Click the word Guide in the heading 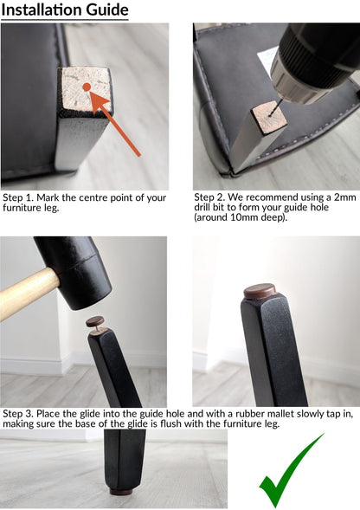(x=107, y=10)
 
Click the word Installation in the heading (x=42, y=10)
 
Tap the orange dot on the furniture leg (x=87, y=87)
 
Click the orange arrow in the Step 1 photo (x=114, y=124)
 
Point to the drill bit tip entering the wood (x=270, y=114)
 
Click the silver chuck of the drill (x=292, y=77)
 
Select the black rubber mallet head (x=74, y=271)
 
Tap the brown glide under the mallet (x=95, y=322)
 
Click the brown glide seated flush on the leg (x=260, y=291)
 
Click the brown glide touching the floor (x=121, y=491)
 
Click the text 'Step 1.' (x=18, y=198)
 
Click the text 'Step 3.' (x=18, y=414)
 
